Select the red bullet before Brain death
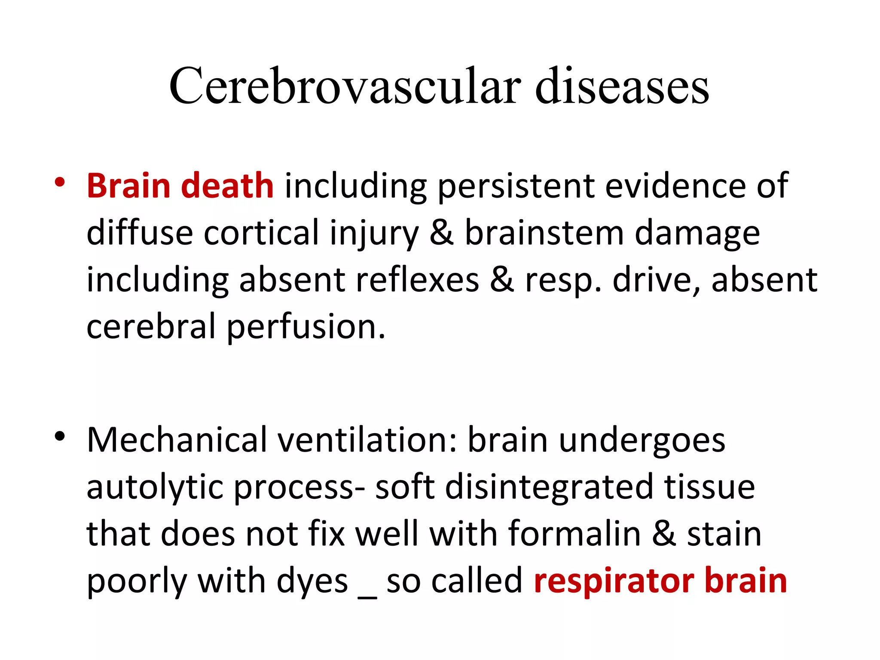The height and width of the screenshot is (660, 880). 60,181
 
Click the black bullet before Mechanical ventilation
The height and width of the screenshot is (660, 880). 60,436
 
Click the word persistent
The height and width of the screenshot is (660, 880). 516,186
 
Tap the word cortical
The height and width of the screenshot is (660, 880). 261,233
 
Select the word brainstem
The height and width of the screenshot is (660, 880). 544,233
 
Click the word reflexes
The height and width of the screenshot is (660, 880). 417,280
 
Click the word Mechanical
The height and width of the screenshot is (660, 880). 177,440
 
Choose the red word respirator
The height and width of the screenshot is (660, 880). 614,582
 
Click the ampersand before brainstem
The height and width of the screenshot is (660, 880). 442,233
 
